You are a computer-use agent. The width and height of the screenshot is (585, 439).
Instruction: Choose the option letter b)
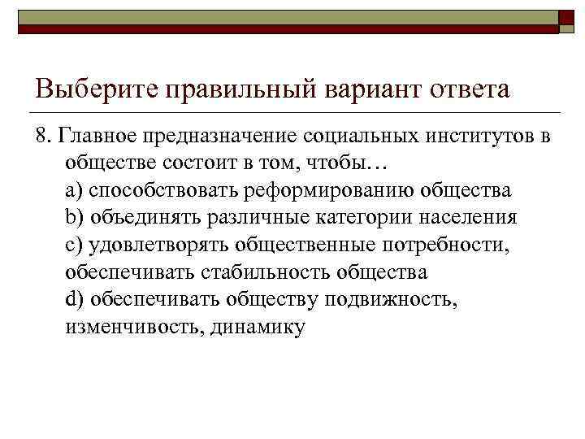click(x=75, y=217)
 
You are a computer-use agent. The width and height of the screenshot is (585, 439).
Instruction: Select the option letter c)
click(x=74, y=245)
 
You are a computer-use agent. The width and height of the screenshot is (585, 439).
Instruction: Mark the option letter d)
click(x=75, y=300)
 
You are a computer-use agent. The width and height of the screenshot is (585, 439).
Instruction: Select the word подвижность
click(x=392, y=300)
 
